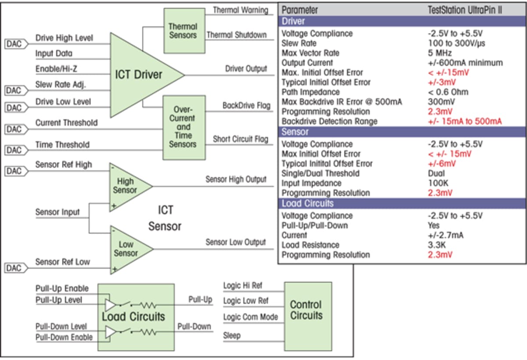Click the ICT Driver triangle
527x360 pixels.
[x=141, y=75]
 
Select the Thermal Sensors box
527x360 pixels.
[x=183, y=31]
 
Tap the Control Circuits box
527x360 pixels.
[x=306, y=310]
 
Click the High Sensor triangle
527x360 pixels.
[x=127, y=186]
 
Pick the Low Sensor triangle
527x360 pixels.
[x=127, y=249]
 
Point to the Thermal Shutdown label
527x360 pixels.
[x=236, y=35]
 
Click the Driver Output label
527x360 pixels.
[x=246, y=68]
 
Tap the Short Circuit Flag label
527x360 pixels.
[x=240, y=139]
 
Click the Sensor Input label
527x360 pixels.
[x=58, y=212]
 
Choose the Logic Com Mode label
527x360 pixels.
[x=250, y=317]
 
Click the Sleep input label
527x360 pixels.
[x=232, y=336]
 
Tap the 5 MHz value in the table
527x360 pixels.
[x=439, y=53]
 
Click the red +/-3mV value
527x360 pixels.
[x=442, y=82]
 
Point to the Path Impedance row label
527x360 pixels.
[x=310, y=92]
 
